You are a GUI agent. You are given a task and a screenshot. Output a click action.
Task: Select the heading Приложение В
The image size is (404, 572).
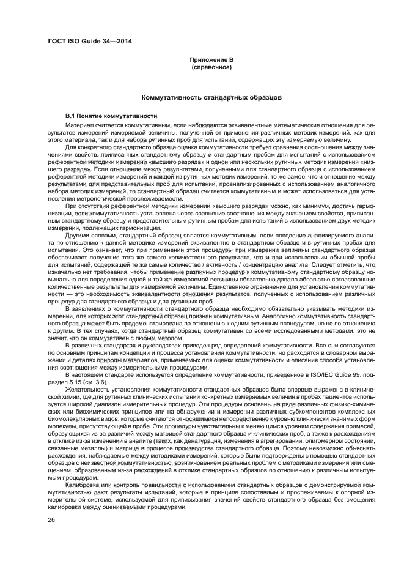pyautogui.click(x=211, y=60)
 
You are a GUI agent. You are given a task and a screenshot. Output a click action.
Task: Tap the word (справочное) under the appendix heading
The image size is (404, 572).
pyautogui.click(x=211, y=67)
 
